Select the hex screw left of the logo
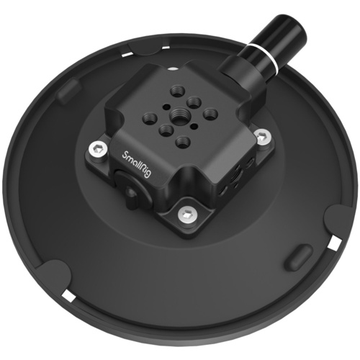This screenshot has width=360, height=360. tap(96, 148)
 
